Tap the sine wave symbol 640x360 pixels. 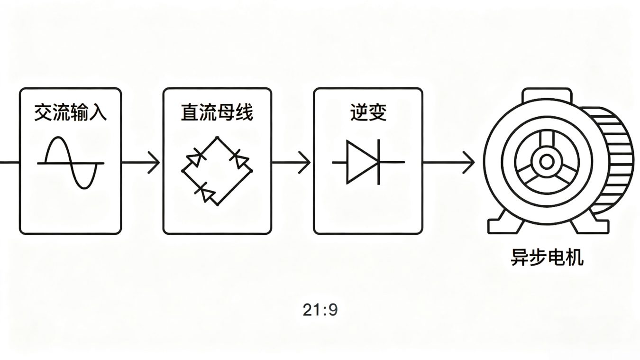pyautogui.click(x=71, y=163)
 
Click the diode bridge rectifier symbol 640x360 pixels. pyautogui.click(x=217, y=171)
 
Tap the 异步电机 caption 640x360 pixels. pyautogui.click(x=547, y=258)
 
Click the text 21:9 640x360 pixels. pyautogui.click(x=320, y=310)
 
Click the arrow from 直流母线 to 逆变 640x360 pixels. pyautogui.click(x=292, y=162)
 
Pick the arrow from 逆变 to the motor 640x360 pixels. pyautogui.click(x=448, y=162)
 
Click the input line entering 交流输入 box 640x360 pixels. pyautogui.click(x=9, y=162)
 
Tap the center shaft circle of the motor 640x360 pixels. pyautogui.click(x=546, y=162)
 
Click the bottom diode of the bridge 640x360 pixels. pyautogui.click(x=205, y=192)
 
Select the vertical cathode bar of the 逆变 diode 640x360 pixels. pyautogui.click(x=378, y=162)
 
